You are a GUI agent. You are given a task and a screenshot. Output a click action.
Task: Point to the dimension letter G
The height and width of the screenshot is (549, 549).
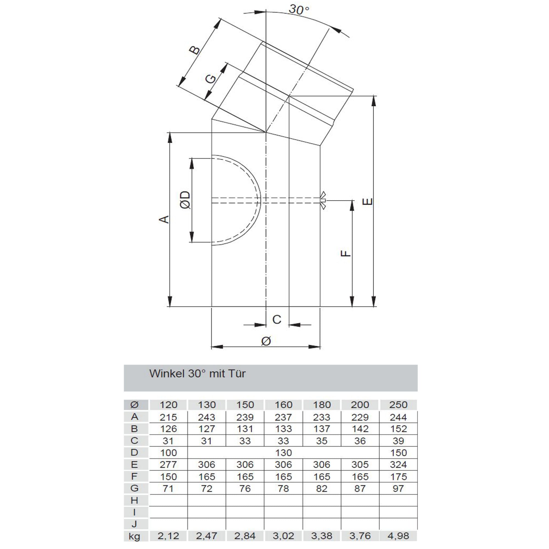pos(211,78)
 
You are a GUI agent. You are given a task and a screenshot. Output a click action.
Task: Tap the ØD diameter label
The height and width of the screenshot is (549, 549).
pos(186,200)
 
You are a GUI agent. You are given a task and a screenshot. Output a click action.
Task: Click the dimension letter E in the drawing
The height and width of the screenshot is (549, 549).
pos(368,202)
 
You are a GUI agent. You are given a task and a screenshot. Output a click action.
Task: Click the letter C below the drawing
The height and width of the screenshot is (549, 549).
pos(276,320)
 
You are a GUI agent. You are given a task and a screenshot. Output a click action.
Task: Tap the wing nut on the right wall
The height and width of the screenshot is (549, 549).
pos(323,201)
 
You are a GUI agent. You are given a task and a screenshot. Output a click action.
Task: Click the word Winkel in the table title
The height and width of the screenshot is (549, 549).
pos(167,374)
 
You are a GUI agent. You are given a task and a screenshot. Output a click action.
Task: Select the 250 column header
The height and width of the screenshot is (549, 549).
pos(398,405)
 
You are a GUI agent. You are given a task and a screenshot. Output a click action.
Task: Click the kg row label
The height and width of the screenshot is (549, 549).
pos(134,536)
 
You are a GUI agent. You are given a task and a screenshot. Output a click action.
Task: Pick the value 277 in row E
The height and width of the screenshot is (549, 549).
pos(168,465)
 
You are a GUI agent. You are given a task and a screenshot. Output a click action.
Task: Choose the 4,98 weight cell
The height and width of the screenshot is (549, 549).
pos(398,536)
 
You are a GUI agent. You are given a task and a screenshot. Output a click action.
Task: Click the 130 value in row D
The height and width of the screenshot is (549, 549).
pos(283,453)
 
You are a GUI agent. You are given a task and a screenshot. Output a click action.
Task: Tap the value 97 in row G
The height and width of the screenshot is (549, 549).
pos(398,489)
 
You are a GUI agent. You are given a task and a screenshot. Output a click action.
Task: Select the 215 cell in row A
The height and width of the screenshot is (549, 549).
pos(168,417)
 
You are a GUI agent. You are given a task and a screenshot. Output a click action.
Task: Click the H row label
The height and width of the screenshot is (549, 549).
pos(134,500)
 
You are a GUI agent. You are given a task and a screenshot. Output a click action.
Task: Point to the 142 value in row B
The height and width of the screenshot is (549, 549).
pos(360,429)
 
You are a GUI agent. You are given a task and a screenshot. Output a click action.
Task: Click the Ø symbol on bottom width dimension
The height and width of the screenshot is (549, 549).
pos(266,341)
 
